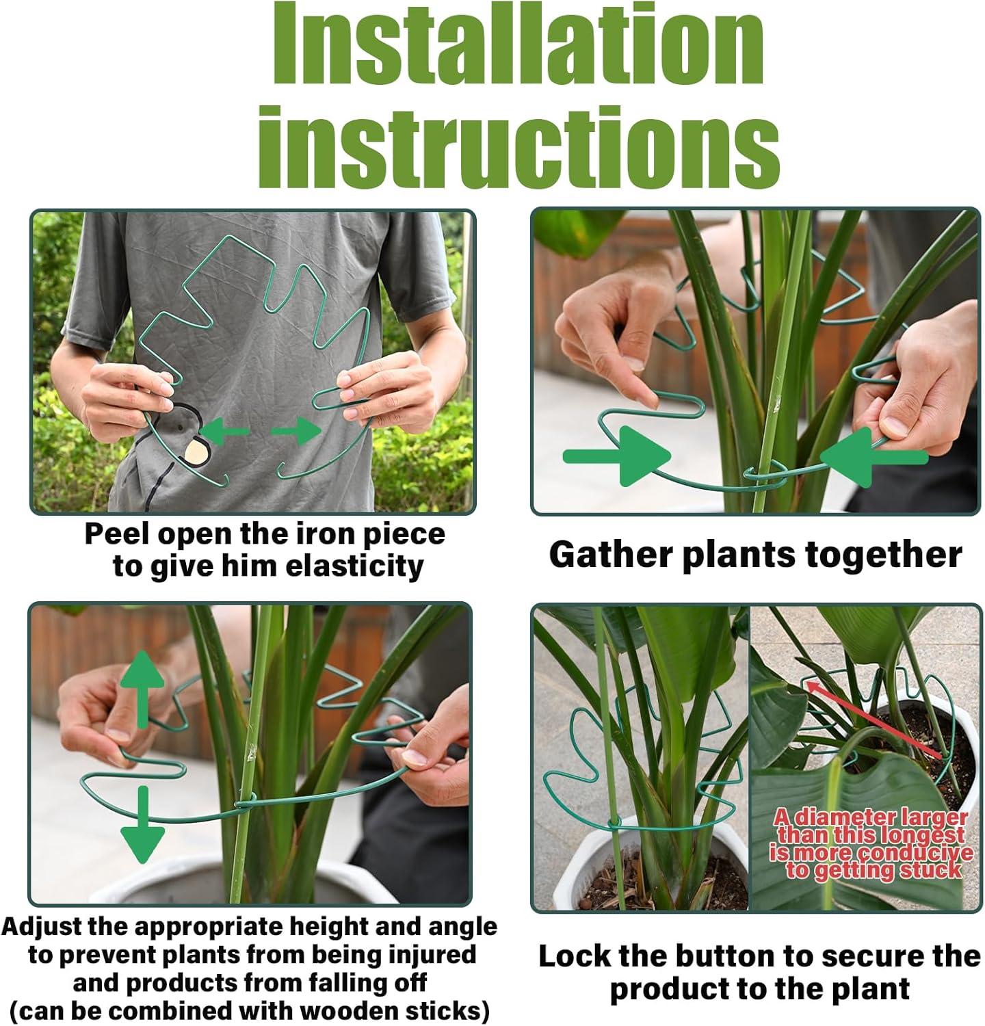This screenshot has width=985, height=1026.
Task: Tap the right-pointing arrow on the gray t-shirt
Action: [297, 431]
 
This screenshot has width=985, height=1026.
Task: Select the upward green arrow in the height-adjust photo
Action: [142, 687]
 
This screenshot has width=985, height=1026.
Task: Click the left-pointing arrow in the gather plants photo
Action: [872, 456]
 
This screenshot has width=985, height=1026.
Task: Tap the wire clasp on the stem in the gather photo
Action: [765, 474]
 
